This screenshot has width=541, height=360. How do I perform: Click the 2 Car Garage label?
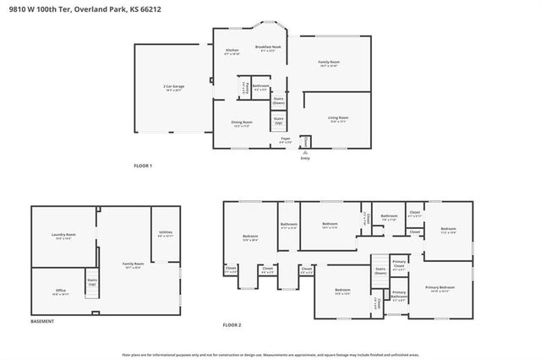tap(174, 88)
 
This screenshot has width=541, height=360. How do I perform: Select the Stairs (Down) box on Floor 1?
tap(279, 101)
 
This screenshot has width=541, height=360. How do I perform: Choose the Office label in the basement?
tap(61, 292)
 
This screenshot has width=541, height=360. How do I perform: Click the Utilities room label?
tap(165, 234)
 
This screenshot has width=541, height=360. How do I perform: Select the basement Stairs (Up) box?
tap(92, 281)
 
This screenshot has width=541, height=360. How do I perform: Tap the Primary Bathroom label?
tap(399, 296)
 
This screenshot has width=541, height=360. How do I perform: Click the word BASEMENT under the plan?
tap(43, 322)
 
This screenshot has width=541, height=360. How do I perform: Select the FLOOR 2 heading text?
tap(232, 325)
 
